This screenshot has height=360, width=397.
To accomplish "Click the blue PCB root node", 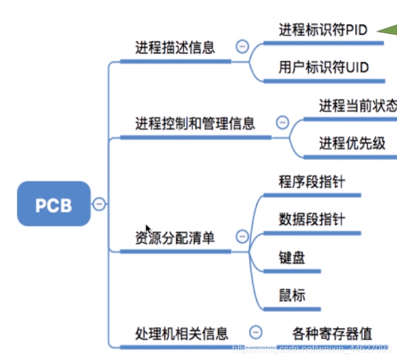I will [54, 204].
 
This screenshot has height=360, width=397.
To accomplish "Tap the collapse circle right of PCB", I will [99, 204].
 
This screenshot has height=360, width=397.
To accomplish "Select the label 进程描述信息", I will [175, 47].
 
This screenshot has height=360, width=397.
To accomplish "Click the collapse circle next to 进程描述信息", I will [241, 47].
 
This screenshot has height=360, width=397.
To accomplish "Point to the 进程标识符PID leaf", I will [323, 30].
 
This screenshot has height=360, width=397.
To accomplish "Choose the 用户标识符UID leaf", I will [324, 67].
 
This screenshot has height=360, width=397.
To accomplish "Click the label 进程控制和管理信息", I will [195, 123].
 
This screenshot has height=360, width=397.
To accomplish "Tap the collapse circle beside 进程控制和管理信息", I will [282, 123].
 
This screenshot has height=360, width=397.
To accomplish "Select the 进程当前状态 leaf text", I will [357, 106].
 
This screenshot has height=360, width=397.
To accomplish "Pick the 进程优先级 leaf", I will [352, 143].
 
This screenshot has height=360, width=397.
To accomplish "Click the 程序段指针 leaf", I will [312, 182].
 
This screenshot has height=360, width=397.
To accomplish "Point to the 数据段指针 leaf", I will [312, 219].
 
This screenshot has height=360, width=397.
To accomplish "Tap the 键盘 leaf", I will [292, 257].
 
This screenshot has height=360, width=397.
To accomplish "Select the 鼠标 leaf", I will [292, 295].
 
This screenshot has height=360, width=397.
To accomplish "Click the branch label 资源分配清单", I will [175, 238].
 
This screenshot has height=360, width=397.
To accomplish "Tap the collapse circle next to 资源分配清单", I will [241, 237].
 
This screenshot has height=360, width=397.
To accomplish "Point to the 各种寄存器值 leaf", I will [332, 334].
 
